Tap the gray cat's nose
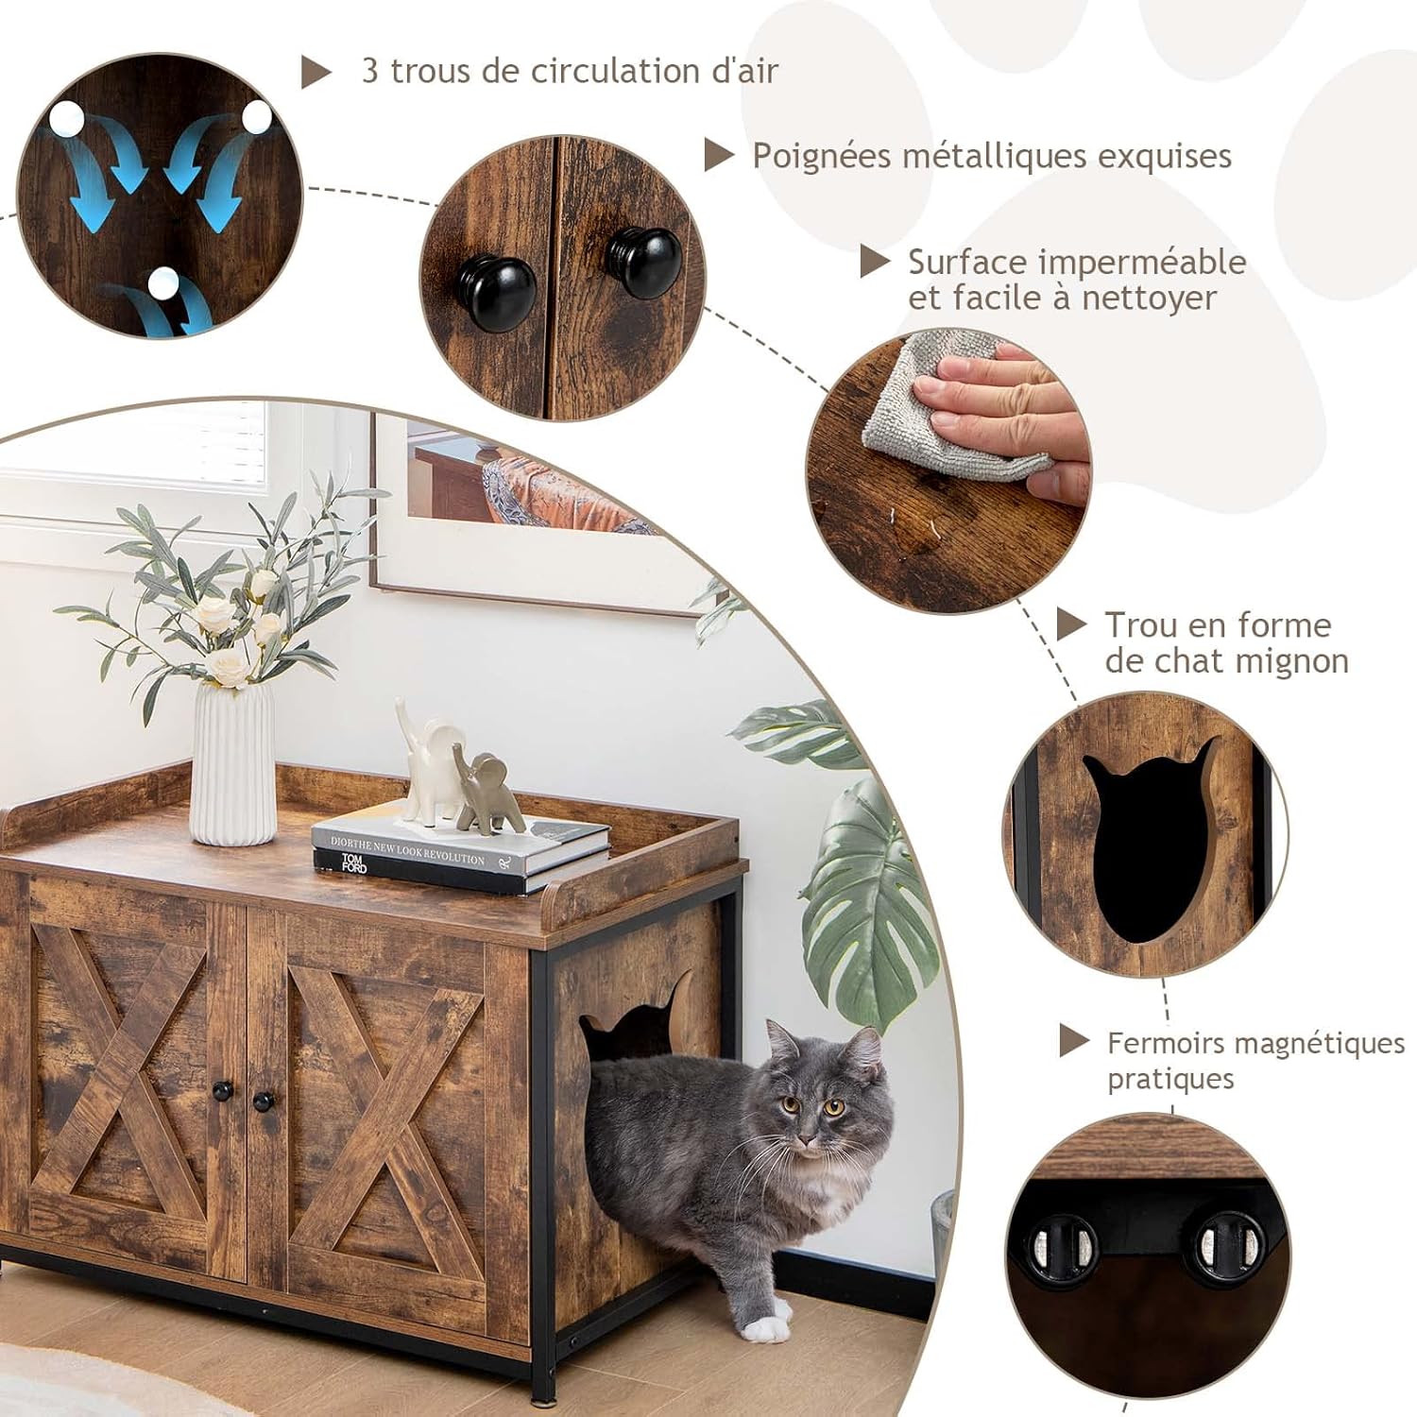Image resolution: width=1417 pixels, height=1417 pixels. pos(806,1123)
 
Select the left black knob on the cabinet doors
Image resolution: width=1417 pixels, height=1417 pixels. pos(223,1091)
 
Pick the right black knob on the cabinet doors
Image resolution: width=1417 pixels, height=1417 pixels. pos(264,1101)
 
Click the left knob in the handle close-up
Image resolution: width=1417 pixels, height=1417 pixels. pos(496,293)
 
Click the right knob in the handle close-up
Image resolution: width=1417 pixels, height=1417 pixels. pos(645,262)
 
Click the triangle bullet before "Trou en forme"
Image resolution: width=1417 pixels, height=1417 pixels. pos(1070,624)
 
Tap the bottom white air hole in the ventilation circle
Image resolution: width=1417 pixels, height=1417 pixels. pos(163,282)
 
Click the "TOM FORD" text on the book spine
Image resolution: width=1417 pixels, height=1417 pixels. pos(352,862)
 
